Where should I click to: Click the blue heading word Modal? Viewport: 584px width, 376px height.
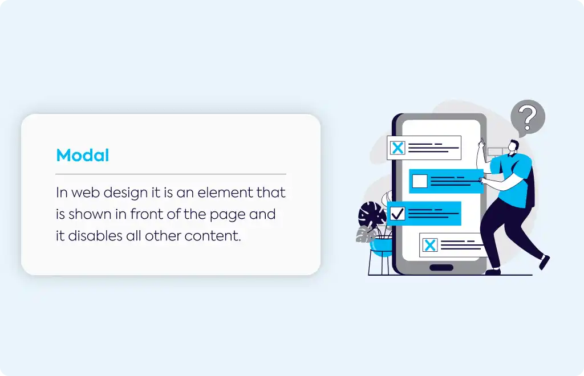pyautogui.click(x=82, y=155)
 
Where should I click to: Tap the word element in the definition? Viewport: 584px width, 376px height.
pyautogui.click(x=220, y=193)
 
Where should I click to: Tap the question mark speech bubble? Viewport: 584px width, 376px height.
pyautogui.click(x=528, y=117)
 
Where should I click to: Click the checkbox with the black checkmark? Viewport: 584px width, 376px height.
pyautogui.click(x=397, y=214)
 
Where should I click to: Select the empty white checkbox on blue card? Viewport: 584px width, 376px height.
pyautogui.click(x=420, y=181)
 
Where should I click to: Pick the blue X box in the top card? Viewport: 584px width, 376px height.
pyautogui.click(x=398, y=148)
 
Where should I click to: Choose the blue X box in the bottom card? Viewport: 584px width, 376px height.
pyautogui.click(x=430, y=245)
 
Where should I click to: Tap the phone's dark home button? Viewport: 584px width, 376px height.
pyautogui.click(x=441, y=267)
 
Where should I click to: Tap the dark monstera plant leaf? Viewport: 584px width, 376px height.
pyautogui.click(x=372, y=215)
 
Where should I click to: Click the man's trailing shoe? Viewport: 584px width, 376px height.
pyautogui.click(x=544, y=262)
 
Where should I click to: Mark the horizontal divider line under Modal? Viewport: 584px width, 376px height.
pyautogui.click(x=171, y=174)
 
